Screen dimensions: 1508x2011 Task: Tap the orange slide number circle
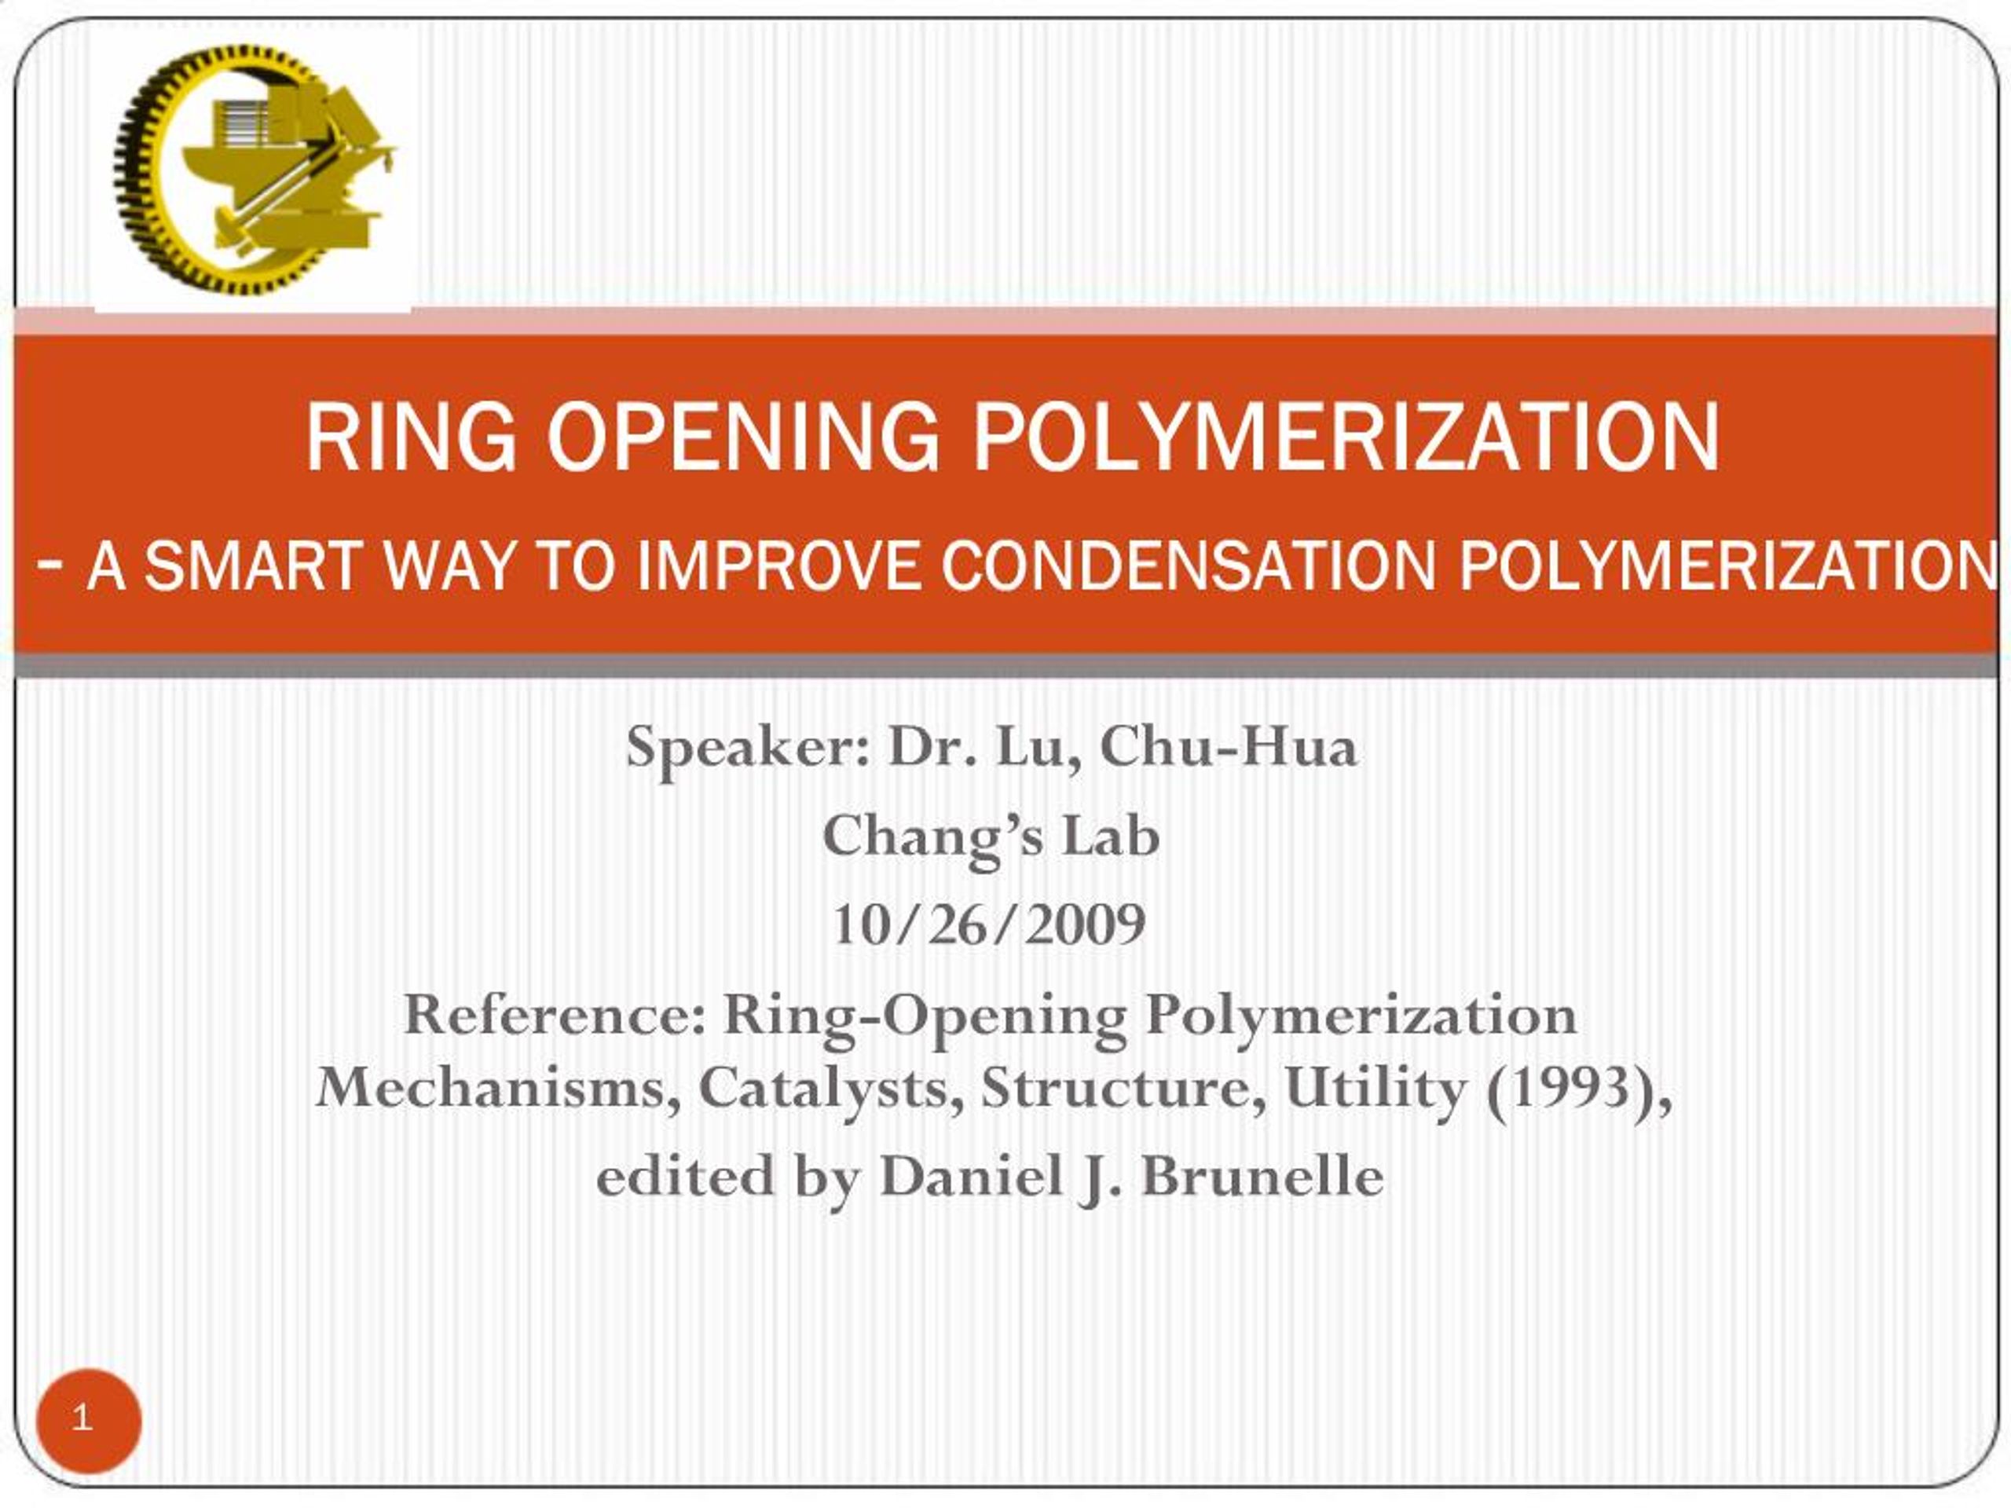coord(88,1420)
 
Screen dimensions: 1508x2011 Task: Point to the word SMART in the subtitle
coord(253,565)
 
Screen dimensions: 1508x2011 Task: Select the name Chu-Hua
coord(1229,747)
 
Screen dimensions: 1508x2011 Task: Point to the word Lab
coord(1111,836)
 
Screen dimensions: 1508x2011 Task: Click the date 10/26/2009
coord(989,924)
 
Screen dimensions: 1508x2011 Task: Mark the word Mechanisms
coord(497,1088)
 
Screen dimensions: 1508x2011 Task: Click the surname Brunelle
coord(1263,1177)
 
